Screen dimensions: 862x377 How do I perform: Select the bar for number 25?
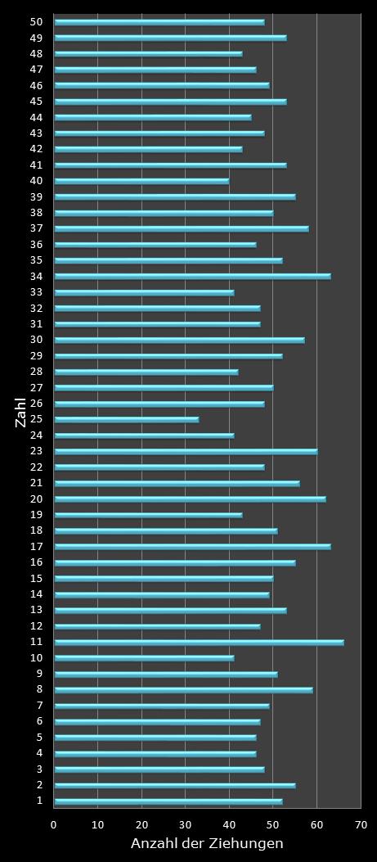(x=126, y=419)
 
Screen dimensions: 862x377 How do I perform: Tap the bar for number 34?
(x=192, y=276)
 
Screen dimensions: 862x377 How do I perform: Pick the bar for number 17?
(x=192, y=546)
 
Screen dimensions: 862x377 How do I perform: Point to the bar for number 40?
(x=141, y=181)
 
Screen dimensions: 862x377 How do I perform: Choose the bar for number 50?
(x=159, y=22)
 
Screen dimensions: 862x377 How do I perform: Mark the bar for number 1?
(x=168, y=801)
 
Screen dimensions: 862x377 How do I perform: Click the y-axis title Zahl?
(x=20, y=412)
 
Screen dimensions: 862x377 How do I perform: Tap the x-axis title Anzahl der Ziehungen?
(x=207, y=843)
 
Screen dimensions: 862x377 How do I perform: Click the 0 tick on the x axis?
(x=54, y=825)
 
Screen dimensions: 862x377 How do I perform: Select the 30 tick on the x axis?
(x=186, y=825)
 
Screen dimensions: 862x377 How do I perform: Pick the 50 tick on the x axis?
(x=273, y=825)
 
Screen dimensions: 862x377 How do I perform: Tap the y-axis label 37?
(x=37, y=228)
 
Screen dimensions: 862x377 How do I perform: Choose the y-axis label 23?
(x=37, y=451)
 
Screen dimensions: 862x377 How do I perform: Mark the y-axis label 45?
(x=37, y=102)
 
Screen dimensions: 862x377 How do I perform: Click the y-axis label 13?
(x=37, y=610)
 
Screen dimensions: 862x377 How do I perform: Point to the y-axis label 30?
(x=37, y=340)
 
